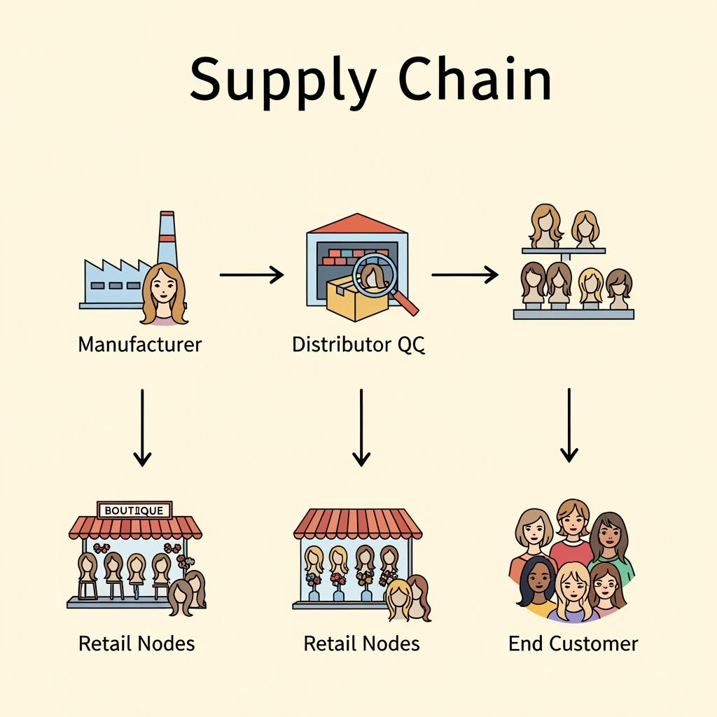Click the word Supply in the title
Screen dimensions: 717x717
282,80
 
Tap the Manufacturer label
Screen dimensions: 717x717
140,344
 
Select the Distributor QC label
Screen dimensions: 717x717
358,344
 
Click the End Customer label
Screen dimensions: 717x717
573,643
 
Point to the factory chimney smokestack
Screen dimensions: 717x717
167,238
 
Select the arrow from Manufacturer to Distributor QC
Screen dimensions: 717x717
251,275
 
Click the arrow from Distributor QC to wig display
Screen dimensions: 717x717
464,275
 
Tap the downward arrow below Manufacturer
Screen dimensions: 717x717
142,427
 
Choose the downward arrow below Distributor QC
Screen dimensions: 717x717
361,427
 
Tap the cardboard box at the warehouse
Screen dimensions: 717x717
350,298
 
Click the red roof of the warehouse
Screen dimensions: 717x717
356,224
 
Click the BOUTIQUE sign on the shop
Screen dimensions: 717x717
134,510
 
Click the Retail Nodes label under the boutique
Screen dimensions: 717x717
137,643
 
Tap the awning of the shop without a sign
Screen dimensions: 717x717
358,523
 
